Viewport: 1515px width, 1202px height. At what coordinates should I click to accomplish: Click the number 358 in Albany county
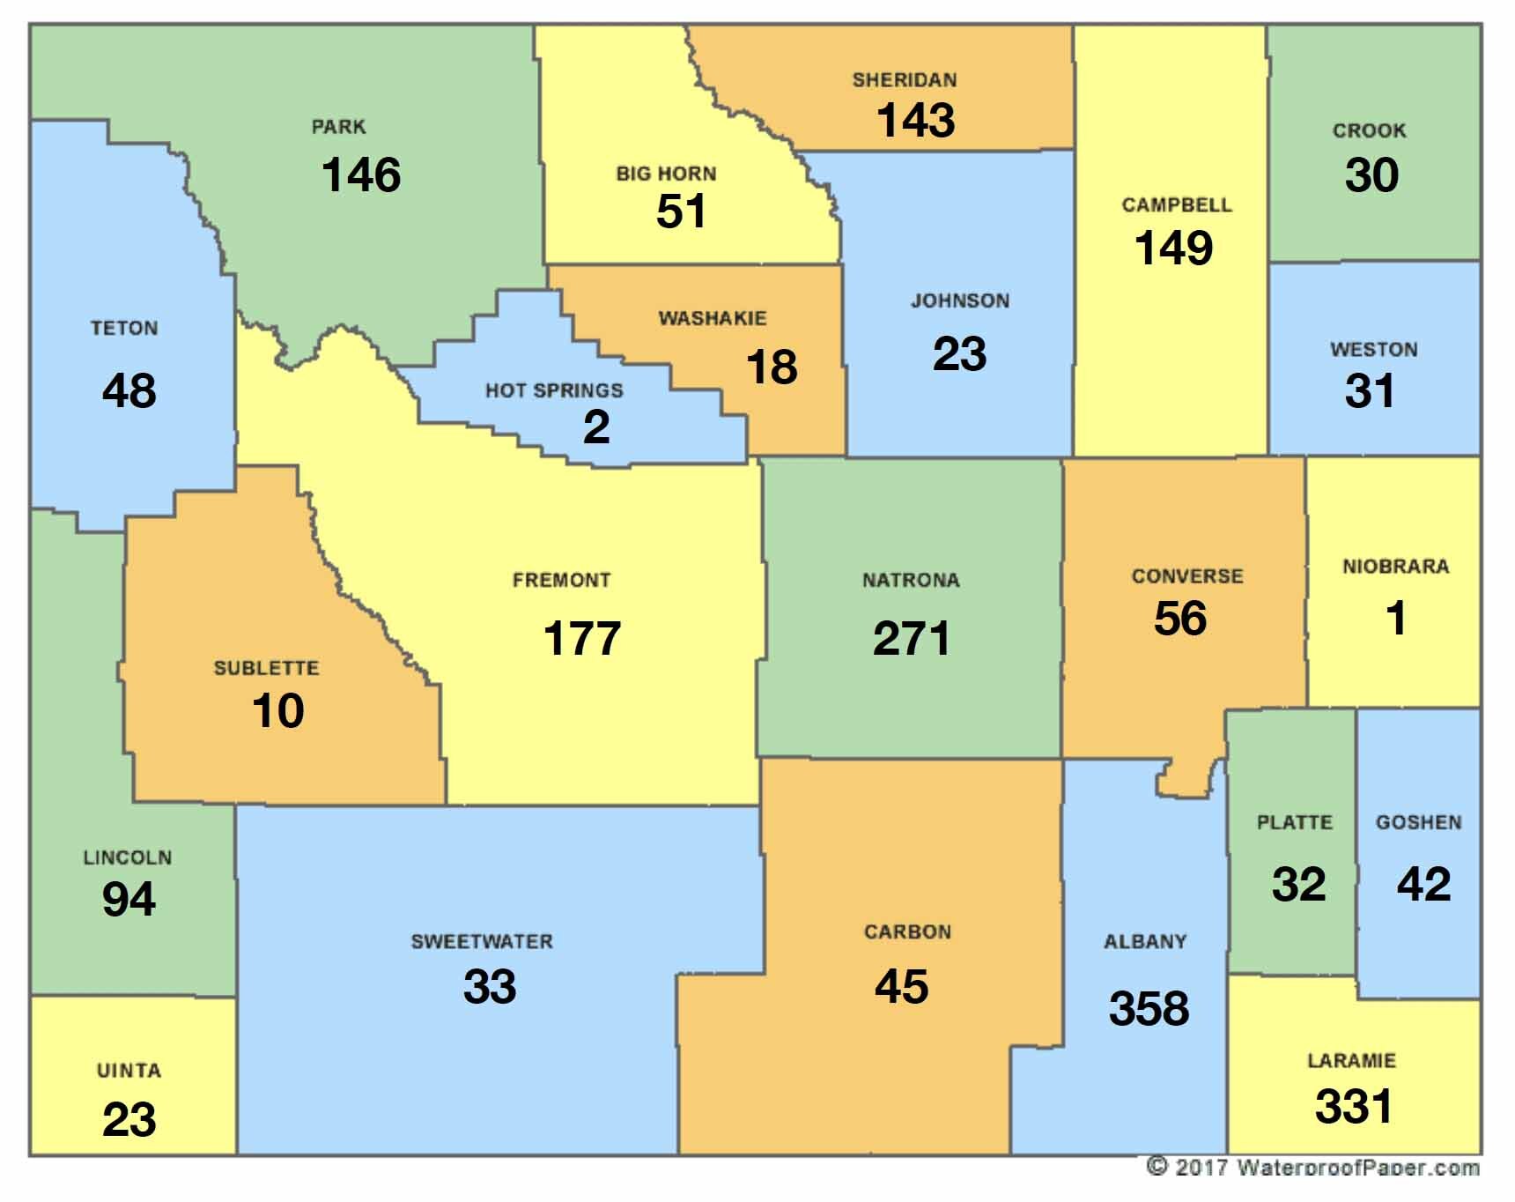(1149, 1009)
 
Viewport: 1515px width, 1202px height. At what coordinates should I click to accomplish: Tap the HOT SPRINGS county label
(554, 390)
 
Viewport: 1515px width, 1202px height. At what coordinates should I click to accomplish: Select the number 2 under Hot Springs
(596, 427)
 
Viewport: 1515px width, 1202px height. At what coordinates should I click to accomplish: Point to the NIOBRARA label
(1395, 567)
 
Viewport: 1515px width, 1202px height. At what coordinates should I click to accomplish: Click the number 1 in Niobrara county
(1396, 618)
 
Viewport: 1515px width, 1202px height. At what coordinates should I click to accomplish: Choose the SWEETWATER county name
(482, 941)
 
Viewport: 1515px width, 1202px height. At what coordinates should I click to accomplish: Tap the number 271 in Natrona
(912, 639)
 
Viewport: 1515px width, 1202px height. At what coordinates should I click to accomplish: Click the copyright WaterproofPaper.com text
(1313, 1168)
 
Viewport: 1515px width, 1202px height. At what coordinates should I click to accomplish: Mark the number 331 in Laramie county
(1353, 1107)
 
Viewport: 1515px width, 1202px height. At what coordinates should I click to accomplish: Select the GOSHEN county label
(1418, 822)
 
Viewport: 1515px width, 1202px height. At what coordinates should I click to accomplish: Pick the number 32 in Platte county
(1298, 885)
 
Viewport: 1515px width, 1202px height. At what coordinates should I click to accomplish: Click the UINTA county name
(129, 1071)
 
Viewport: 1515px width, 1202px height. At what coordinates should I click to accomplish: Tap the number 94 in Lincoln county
(129, 900)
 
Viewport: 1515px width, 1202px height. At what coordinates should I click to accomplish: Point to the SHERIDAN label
(904, 80)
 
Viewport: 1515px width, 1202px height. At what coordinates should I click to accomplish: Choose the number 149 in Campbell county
(1173, 249)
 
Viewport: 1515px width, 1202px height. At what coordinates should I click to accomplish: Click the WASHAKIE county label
(713, 318)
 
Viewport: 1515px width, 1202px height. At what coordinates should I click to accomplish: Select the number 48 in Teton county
(129, 390)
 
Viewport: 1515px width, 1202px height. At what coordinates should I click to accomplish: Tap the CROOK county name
(1369, 130)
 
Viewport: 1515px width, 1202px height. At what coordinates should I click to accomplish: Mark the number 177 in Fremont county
(582, 639)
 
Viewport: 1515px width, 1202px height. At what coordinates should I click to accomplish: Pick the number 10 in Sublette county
(278, 711)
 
